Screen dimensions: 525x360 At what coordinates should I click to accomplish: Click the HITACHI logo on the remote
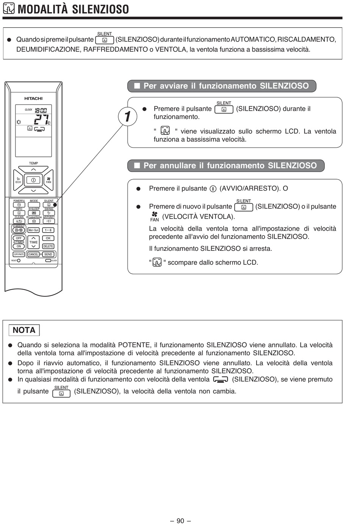33,98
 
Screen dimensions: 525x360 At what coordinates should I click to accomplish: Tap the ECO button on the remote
18,180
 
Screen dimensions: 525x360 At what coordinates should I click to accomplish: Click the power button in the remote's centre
33,180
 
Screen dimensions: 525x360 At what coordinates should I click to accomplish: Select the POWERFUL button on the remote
19,205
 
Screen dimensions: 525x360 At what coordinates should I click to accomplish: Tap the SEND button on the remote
48,255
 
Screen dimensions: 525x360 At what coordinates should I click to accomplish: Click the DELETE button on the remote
48,246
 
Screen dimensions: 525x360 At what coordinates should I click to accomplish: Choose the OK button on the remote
48,238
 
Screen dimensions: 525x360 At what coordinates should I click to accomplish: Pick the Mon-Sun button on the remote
33,230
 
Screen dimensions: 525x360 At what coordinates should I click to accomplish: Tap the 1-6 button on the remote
48,230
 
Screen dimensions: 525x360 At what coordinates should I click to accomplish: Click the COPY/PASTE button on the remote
19,255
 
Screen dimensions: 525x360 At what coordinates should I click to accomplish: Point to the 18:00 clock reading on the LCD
41,111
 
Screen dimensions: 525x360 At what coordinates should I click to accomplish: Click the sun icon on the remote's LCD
19,122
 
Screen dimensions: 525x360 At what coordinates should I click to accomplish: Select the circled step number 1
128,116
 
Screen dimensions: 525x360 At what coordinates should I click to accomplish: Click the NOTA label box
24,330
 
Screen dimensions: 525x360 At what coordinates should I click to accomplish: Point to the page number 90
180,521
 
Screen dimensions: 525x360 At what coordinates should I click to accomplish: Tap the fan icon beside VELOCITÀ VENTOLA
154,214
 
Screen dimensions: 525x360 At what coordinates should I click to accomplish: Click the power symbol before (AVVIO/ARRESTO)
213,189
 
